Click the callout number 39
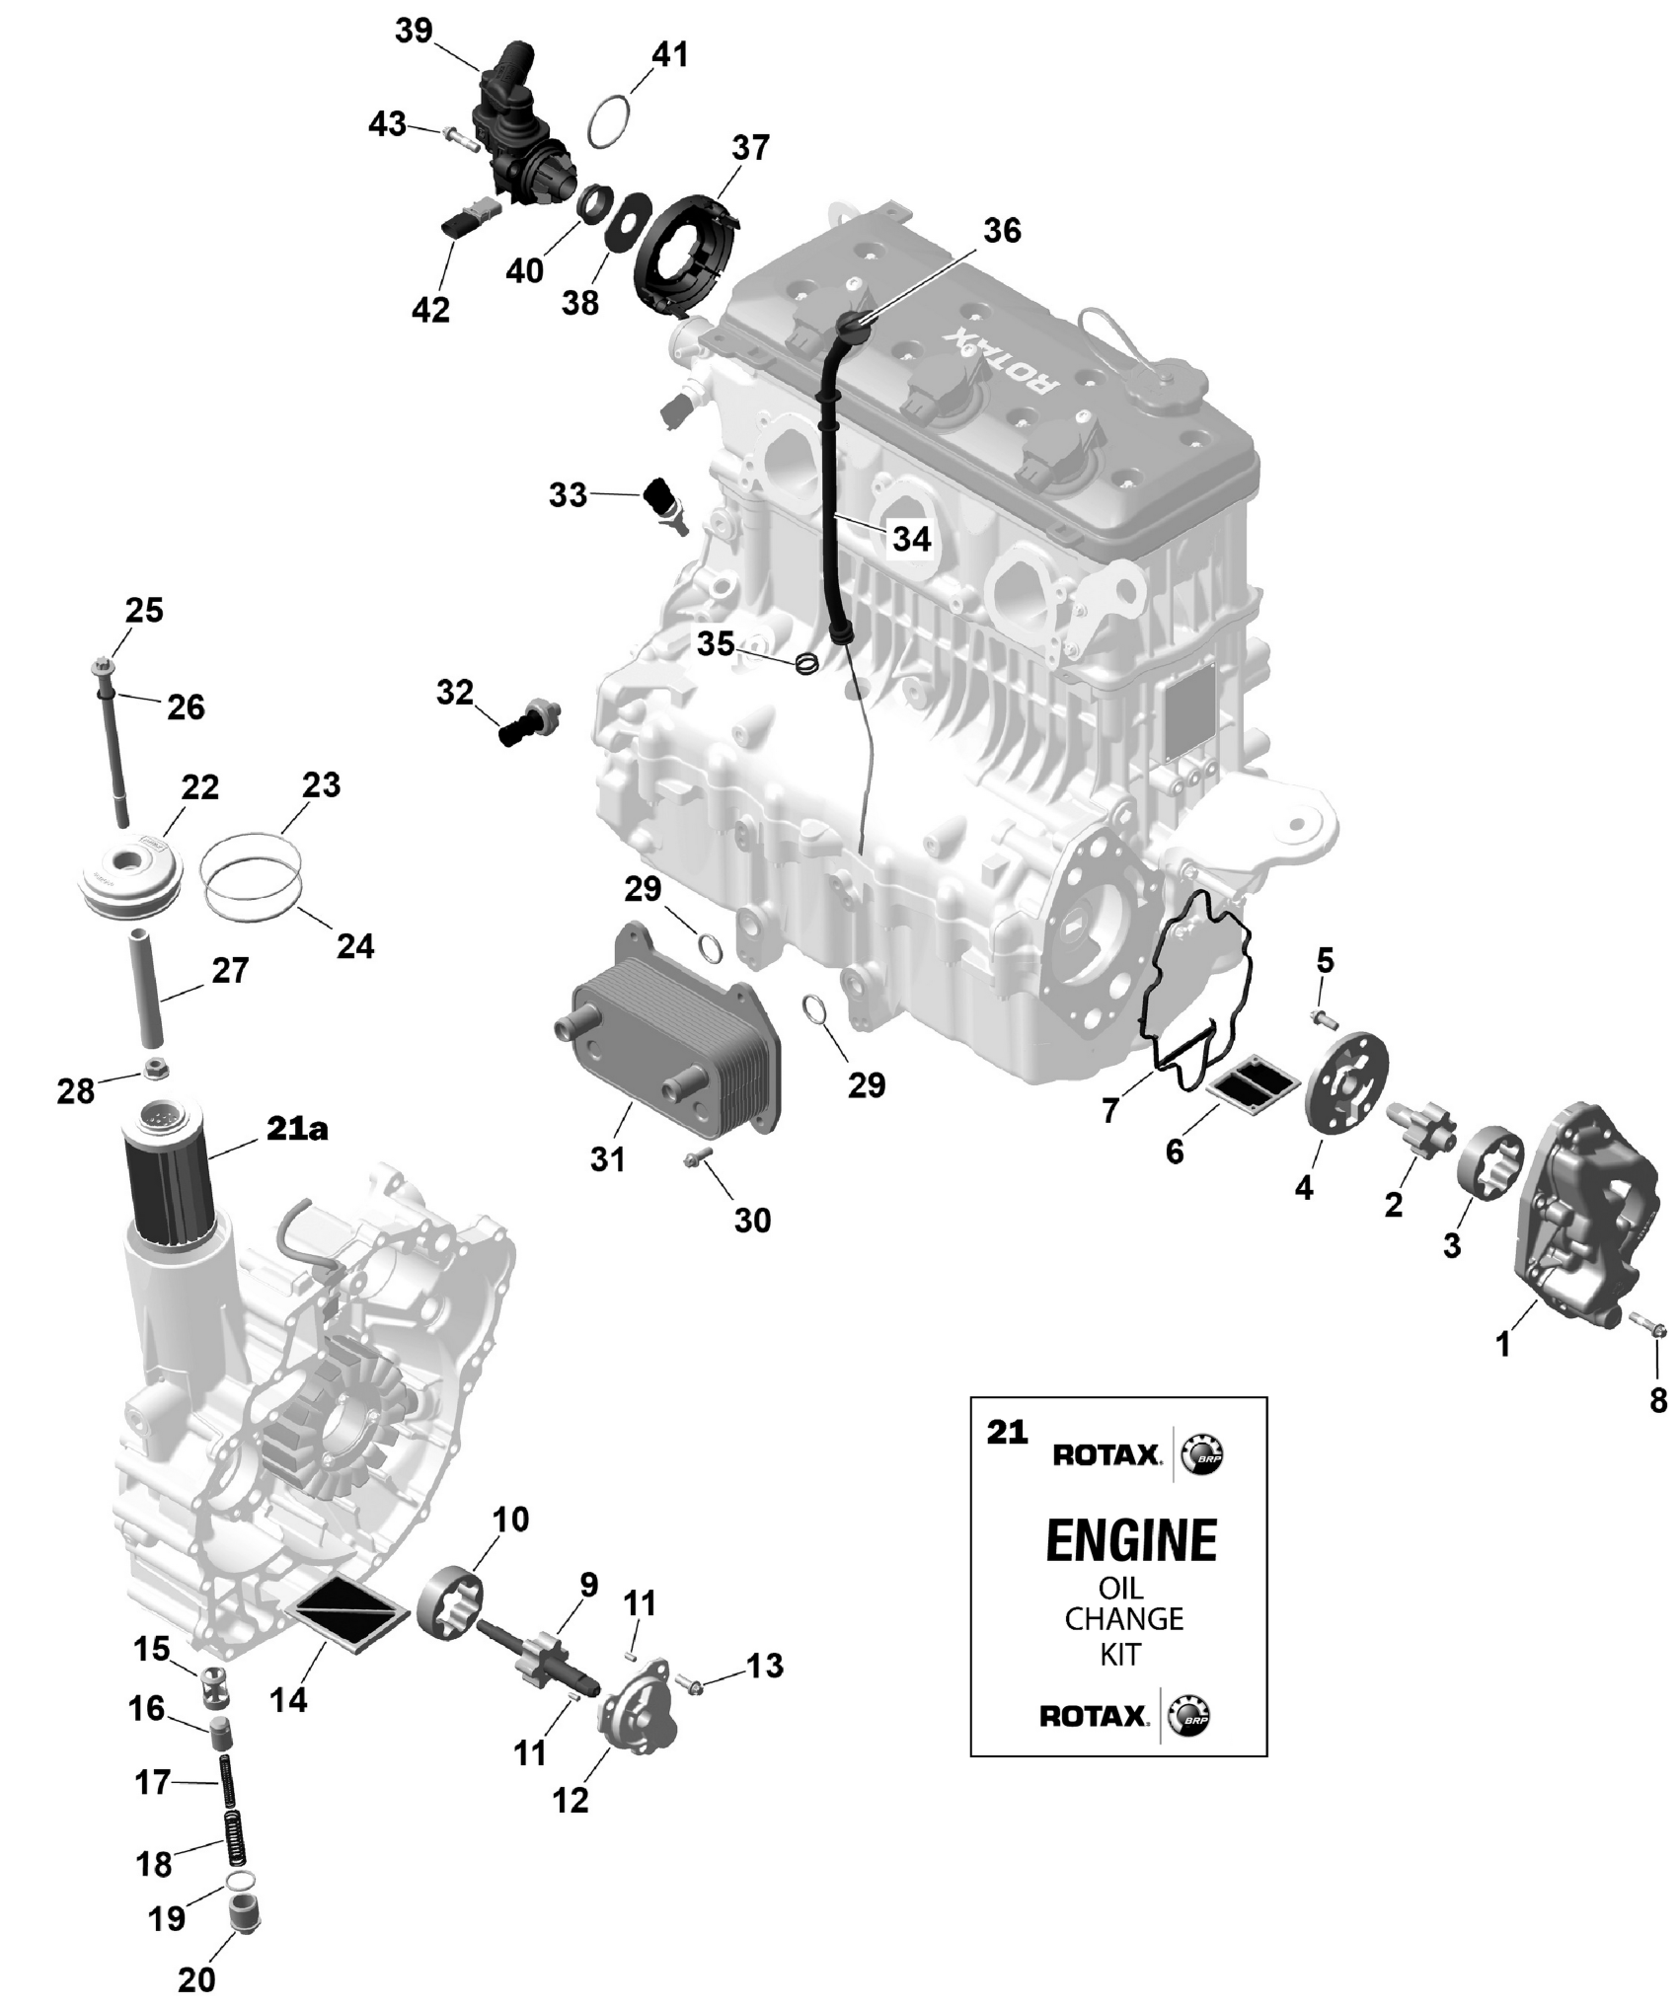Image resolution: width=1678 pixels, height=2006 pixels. pos(414,32)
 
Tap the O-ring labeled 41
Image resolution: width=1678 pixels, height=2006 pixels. pos(608,120)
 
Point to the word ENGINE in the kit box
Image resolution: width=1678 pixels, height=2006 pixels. pos(1131,1541)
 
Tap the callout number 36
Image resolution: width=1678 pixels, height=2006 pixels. pos(1001,231)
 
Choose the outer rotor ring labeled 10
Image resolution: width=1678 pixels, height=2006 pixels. pos(454,1606)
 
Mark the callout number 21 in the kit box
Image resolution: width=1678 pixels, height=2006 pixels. pos(1007,1432)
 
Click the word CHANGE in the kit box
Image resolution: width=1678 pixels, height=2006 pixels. pos(1123,1618)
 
